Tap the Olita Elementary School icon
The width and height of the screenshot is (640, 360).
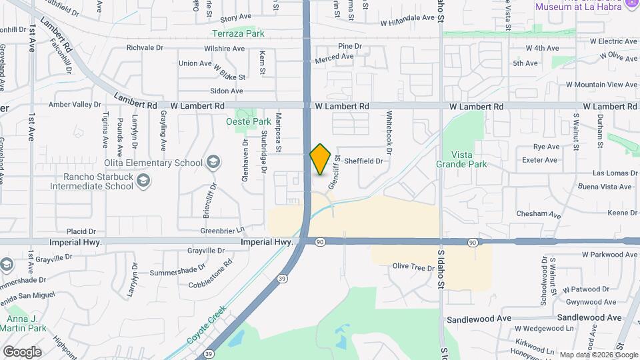tap(213, 162)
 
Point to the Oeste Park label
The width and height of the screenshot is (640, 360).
tap(249, 122)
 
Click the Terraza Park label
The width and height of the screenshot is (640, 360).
tap(238, 33)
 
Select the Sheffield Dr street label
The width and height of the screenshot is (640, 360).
tap(364, 161)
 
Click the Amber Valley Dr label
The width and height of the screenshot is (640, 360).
tap(74, 105)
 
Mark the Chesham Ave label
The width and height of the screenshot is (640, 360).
tap(539, 214)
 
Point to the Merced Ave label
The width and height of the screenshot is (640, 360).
tap(334, 57)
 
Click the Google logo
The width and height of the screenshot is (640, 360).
tap(21, 352)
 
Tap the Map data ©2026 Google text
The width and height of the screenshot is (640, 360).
tap(598, 355)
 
